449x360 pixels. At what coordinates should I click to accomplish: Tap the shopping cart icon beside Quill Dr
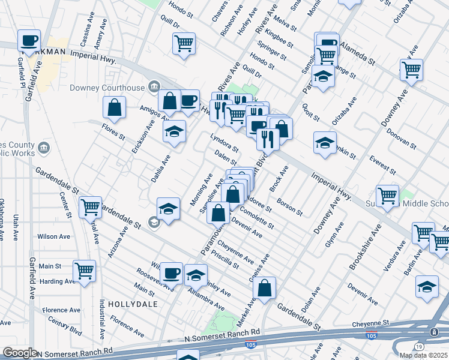coord(184,43)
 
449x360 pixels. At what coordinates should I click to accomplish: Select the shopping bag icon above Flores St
coord(114,108)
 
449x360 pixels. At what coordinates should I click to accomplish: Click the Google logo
coord(20,353)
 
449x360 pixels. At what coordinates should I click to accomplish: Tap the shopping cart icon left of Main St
coord(84,271)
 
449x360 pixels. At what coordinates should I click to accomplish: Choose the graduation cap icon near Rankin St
coord(325,143)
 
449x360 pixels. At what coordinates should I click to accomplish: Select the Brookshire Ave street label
coord(364,247)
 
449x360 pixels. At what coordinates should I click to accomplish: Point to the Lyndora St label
coord(224,143)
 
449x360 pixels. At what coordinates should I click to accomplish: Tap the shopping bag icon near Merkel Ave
coord(264,289)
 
